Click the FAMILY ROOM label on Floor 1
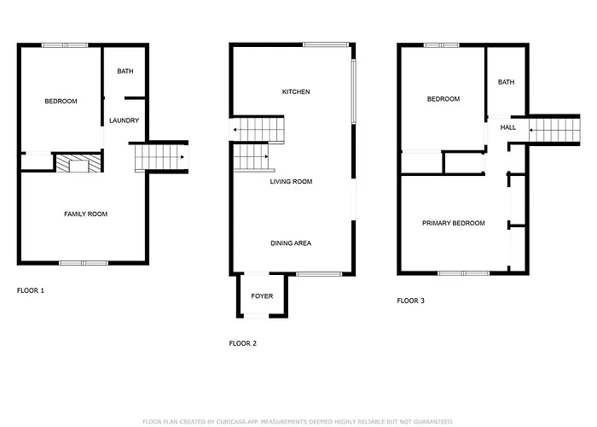pos(85,214)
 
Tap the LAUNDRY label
pos(125,120)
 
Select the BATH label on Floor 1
pos(125,71)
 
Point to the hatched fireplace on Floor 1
pos(79,163)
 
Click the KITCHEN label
pos(296,92)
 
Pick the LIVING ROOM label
pos(292,182)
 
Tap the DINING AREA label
pos(291,243)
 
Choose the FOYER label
pos(262,296)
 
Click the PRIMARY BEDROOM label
pos(454,224)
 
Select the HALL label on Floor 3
pos(508,128)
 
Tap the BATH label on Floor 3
pos(506,82)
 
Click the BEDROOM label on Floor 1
pos(61,102)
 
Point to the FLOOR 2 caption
pos(243,343)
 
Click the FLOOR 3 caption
pos(410,301)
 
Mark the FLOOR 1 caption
pos(31,290)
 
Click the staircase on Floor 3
pos(554,131)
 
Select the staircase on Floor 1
pos(161,157)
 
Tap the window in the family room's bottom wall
pos(84,263)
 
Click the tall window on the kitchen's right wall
pos(353,91)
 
